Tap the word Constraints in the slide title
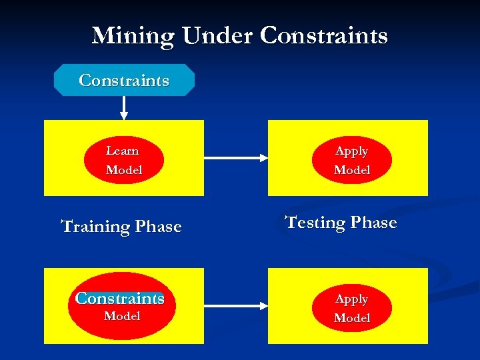[x=323, y=36]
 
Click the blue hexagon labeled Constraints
[x=124, y=81]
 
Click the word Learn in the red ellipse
[x=123, y=151]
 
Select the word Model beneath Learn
[x=124, y=170]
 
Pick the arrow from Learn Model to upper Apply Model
[x=233, y=158]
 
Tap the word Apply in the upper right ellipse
[x=351, y=151]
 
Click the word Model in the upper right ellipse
[x=352, y=170]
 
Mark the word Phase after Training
[x=159, y=227]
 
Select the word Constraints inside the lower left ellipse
[x=120, y=298]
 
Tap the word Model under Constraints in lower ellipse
[x=122, y=316]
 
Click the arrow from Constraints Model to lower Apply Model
[x=233, y=306]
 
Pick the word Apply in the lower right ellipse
[x=351, y=299]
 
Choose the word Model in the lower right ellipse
[x=352, y=318]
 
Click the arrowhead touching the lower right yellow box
[x=263, y=306]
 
